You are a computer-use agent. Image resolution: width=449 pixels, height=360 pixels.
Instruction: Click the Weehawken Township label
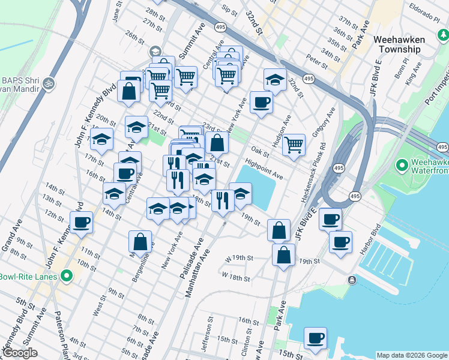point(399,44)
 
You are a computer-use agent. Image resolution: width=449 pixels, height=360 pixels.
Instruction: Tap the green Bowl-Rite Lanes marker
point(66,276)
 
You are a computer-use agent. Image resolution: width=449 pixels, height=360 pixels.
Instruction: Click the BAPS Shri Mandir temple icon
point(49,82)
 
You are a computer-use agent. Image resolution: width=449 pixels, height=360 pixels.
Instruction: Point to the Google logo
point(20,353)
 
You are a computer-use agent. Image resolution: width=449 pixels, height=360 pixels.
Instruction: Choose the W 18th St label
point(235,278)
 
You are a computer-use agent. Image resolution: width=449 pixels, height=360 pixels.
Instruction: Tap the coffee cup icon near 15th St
point(315,337)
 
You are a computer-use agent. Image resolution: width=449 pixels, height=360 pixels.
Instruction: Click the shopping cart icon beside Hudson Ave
point(294,144)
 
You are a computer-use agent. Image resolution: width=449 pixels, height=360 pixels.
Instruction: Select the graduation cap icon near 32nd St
point(275,79)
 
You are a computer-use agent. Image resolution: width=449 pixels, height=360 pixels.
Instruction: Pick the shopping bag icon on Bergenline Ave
point(140,241)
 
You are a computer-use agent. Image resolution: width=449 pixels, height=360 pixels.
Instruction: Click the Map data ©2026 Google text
point(412,355)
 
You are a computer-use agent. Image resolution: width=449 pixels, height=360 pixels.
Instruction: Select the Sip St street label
point(229,10)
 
